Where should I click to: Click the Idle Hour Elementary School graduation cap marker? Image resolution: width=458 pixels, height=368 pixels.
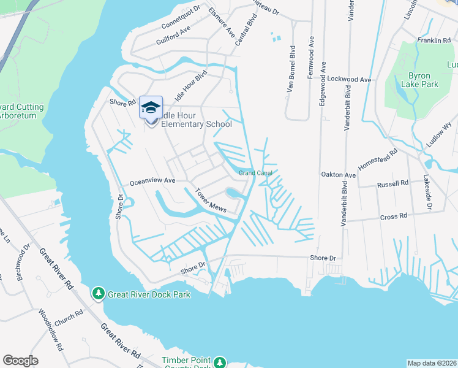click(x=150, y=109)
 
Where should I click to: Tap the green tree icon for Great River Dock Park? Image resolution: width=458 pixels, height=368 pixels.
click(x=98, y=294)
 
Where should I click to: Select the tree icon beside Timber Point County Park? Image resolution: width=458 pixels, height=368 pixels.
click(x=220, y=363)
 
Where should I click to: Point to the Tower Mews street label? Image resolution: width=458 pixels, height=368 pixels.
click(x=211, y=201)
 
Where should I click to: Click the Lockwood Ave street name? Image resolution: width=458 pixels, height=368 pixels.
click(x=350, y=80)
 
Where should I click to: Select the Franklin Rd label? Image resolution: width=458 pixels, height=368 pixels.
click(x=434, y=40)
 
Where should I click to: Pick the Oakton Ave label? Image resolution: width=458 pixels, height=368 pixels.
click(x=339, y=175)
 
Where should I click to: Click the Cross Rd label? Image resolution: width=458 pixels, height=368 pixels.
click(x=394, y=217)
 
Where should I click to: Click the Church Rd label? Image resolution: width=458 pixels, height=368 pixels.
click(x=68, y=318)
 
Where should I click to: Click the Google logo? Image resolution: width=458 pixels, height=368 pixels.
click(x=20, y=361)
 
